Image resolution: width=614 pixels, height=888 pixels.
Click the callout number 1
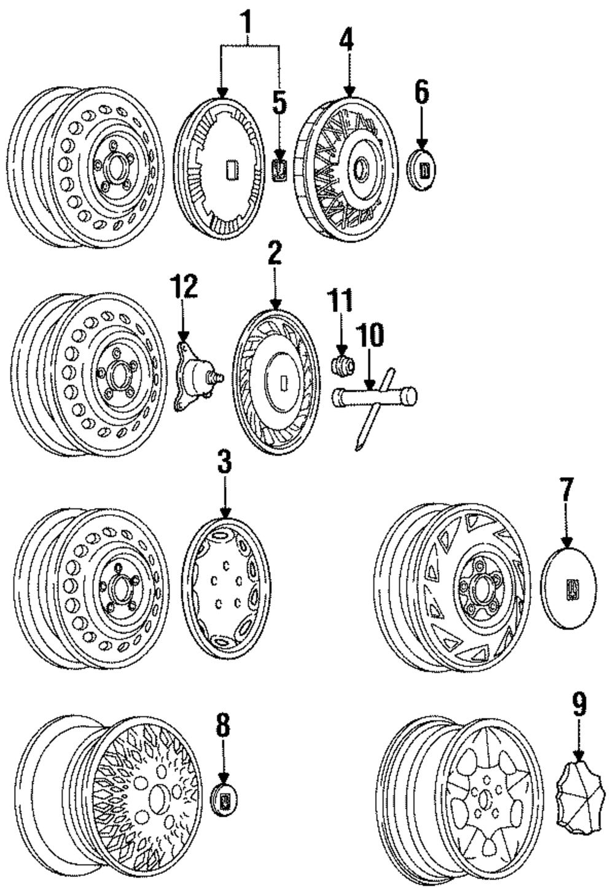pyautogui.click(x=247, y=22)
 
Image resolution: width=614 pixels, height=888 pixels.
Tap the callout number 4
pyautogui.click(x=346, y=38)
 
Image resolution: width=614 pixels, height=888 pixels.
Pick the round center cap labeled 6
pyautogui.click(x=422, y=170)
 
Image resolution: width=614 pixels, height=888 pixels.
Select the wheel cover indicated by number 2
pyautogui.click(x=276, y=383)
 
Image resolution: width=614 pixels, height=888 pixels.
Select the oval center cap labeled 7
pyautogui.click(x=569, y=589)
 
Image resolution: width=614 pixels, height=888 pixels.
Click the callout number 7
pyautogui.click(x=567, y=490)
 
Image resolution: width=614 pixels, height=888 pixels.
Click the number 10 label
pyautogui.click(x=370, y=335)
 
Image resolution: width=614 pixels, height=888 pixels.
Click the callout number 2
pyautogui.click(x=274, y=252)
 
